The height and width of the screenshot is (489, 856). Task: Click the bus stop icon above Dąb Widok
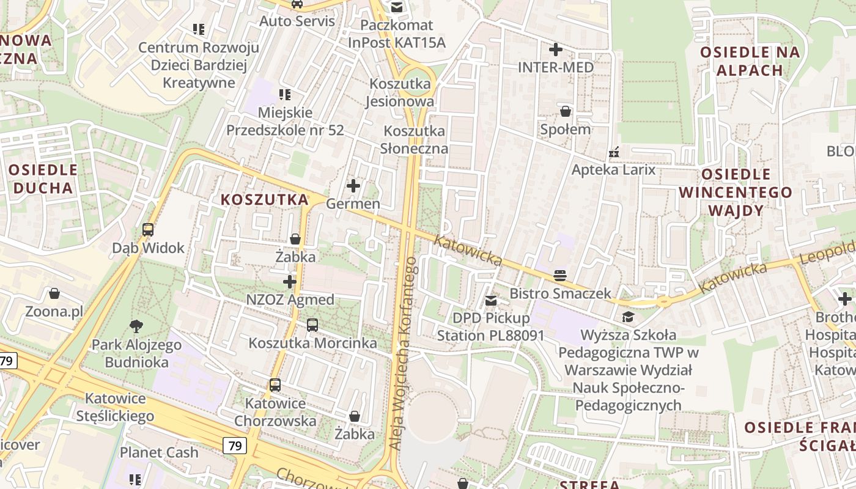pyautogui.click(x=148, y=230)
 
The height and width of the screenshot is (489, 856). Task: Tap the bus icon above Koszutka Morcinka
pyautogui.click(x=312, y=325)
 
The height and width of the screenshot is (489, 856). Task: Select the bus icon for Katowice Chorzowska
pyautogui.click(x=275, y=385)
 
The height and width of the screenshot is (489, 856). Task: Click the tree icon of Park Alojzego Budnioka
pyautogui.click(x=136, y=326)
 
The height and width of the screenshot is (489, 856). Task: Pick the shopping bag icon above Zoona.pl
pyautogui.click(x=54, y=294)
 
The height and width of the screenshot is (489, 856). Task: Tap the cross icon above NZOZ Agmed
pyautogui.click(x=290, y=282)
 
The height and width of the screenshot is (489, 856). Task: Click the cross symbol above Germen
pyautogui.click(x=353, y=185)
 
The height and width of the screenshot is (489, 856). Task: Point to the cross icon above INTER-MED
pyautogui.click(x=556, y=49)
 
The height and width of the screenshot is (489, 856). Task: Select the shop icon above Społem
pyautogui.click(x=566, y=111)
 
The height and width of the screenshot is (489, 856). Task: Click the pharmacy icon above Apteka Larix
pyautogui.click(x=614, y=152)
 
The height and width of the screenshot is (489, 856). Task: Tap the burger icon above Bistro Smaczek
pyautogui.click(x=560, y=275)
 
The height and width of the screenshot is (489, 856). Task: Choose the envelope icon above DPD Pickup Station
pyautogui.click(x=491, y=300)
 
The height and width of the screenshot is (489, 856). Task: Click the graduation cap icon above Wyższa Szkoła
pyautogui.click(x=628, y=317)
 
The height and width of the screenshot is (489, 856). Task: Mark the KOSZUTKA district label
pyautogui.click(x=264, y=199)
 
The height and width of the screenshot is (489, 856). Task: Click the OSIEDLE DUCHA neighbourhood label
pyautogui.click(x=43, y=178)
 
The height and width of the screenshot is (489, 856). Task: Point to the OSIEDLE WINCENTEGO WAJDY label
pyautogui.click(x=736, y=193)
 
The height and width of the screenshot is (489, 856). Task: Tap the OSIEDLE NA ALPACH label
pyautogui.click(x=750, y=61)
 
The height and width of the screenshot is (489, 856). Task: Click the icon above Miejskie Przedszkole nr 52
pyautogui.click(x=285, y=94)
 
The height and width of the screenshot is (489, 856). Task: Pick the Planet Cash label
pyautogui.click(x=159, y=452)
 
